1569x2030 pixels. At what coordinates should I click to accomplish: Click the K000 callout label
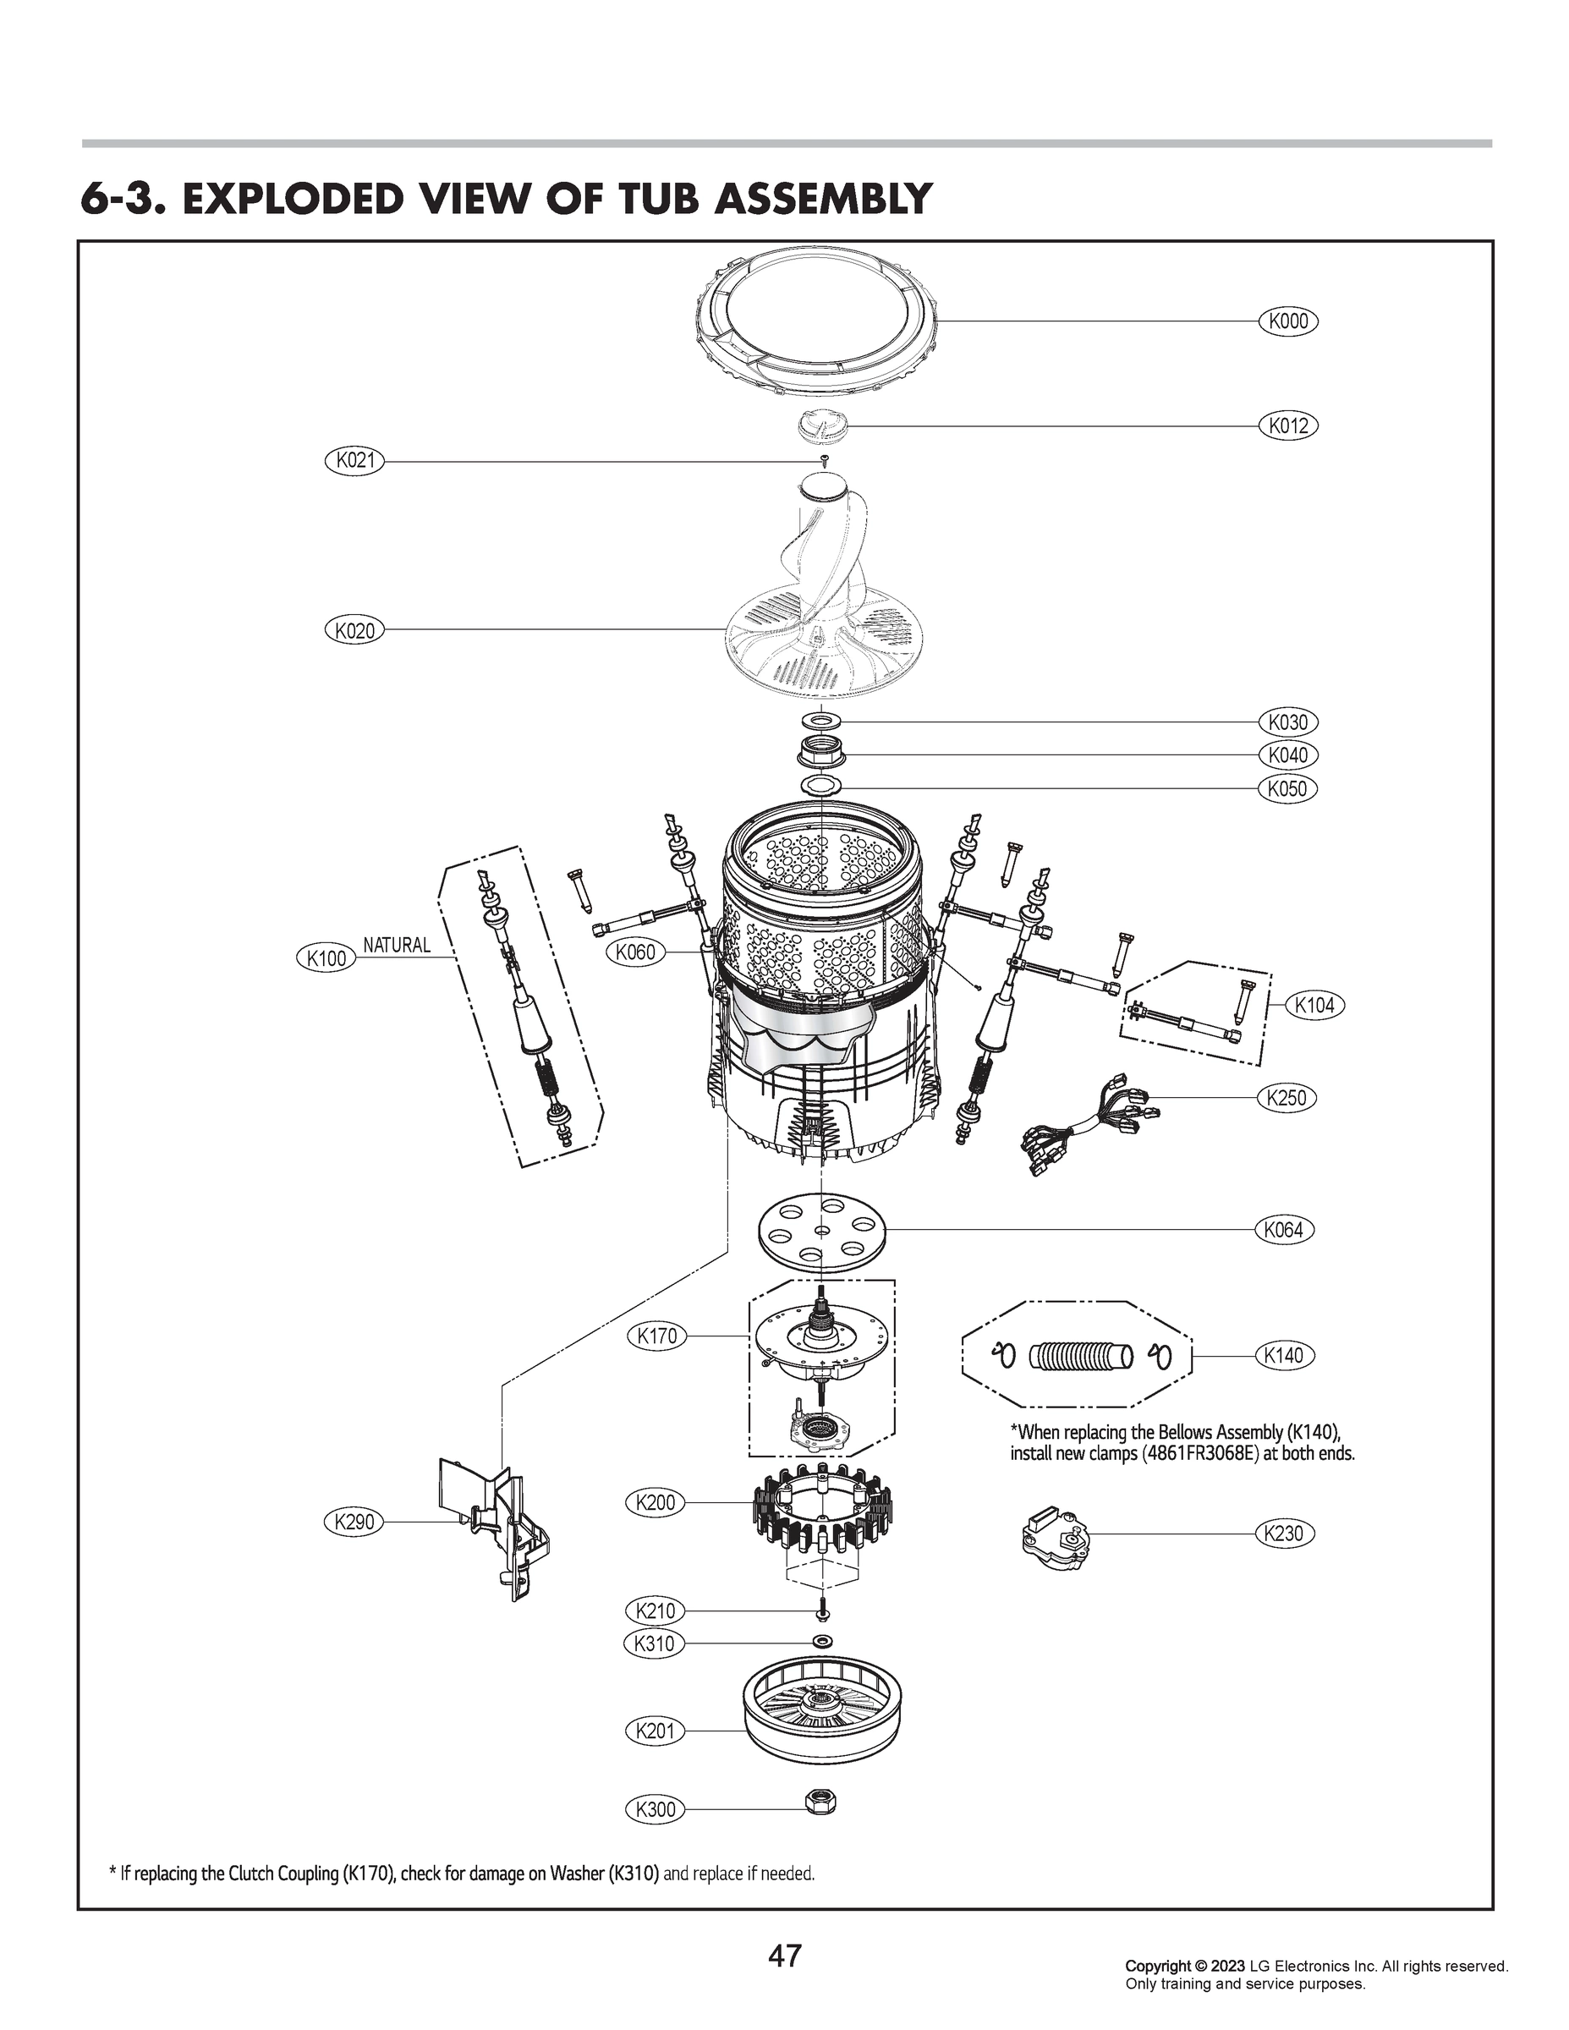click(x=1288, y=321)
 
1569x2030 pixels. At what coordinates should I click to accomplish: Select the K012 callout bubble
click(x=1288, y=425)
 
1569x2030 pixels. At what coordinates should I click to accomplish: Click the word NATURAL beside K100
click(x=397, y=946)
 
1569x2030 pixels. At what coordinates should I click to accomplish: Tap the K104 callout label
click(x=1314, y=1005)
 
